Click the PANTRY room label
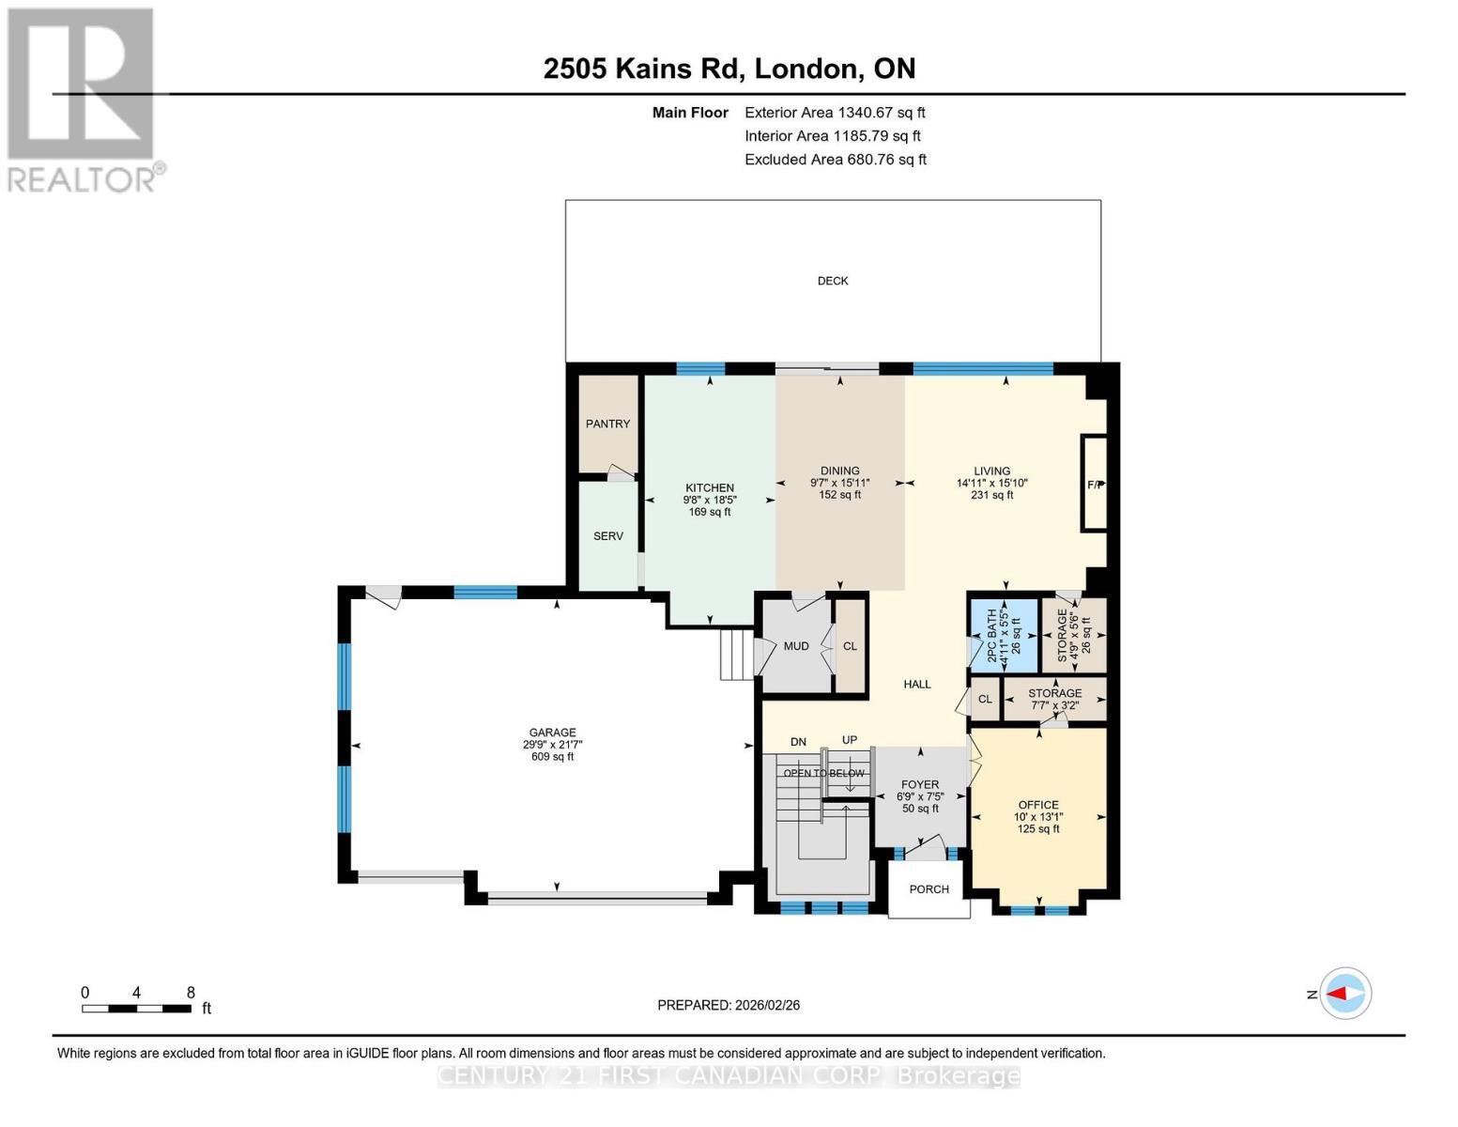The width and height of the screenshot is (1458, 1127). (x=607, y=424)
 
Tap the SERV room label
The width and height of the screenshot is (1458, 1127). (x=607, y=536)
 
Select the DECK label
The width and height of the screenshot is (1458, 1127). (x=832, y=281)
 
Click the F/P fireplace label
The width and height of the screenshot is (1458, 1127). (x=1095, y=485)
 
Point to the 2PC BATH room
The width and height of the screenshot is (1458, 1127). (x=1004, y=635)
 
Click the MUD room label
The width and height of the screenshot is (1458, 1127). (x=795, y=646)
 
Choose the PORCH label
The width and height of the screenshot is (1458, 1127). (x=929, y=889)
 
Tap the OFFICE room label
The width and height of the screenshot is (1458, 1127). (x=1037, y=805)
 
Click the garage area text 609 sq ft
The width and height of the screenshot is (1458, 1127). (x=552, y=757)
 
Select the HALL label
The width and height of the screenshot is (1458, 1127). (x=916, y=684)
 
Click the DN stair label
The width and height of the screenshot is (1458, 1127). (x=798, y=742)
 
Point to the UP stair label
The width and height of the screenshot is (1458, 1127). (x=850, y=740)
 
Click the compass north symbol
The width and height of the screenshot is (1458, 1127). (x=1345, y=993)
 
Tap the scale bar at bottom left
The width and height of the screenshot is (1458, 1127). (x=137, y=1009)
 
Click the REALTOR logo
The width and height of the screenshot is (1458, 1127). (x=83, y=99)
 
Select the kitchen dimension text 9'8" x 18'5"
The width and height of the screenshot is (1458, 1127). (x=709, y=500)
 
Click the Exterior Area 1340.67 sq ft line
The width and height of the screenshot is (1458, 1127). (x=835, y=112)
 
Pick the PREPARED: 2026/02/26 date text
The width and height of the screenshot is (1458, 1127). (x=729, y=1005)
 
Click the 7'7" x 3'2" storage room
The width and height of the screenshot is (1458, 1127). (x=1054, y=700)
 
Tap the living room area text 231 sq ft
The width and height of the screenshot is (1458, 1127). (x=991, y=495)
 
